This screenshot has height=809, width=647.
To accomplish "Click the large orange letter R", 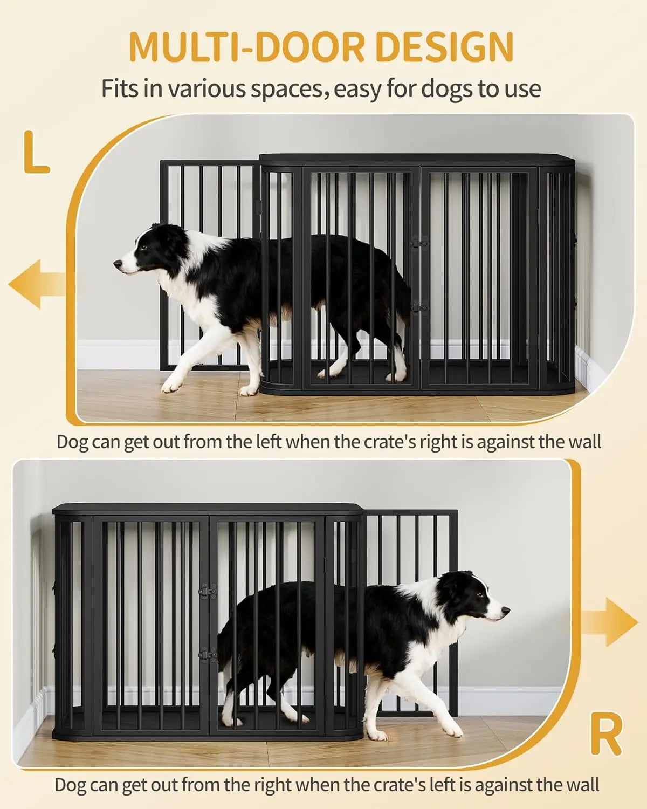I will click(x=606, y=735).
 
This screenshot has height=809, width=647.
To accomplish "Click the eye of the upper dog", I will click(x=144, y=247).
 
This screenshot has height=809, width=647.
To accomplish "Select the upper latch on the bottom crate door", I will click(x=208, y=591).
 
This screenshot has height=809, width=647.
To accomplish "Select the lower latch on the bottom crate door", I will click(x=208, y=655).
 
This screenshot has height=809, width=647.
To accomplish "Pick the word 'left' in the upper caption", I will click(x=267, y=442).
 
